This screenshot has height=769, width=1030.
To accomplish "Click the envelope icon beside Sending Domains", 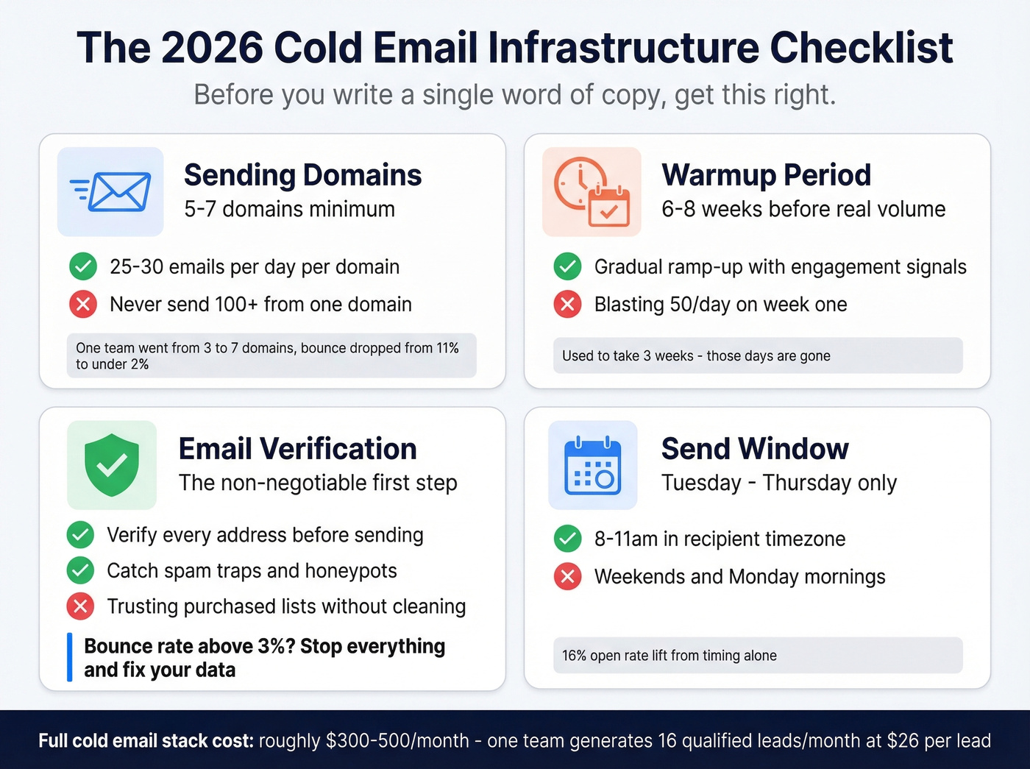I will tap(111, 192).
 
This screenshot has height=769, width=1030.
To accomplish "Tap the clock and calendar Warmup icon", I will tap(592, 192).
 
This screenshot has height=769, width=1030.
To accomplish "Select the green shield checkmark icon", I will tap(112, 465).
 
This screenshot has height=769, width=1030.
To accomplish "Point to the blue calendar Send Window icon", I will tap(593, 465).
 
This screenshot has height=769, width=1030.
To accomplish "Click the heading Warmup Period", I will tap(766, 175).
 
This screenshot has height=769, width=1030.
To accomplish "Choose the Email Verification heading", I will tap(297, 449).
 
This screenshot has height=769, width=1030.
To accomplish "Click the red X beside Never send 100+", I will tap(83, 304).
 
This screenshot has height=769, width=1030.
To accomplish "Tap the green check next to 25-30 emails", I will tap(83, 266).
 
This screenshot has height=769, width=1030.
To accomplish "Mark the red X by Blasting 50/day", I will tap(567, 304).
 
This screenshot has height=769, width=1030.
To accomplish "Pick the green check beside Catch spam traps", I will tap(80, 570).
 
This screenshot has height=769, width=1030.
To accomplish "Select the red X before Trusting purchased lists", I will tap(80, 606).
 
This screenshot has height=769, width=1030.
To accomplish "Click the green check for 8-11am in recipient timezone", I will tap(567, 539).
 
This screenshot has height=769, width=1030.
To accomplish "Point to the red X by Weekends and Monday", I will tap(567, 576).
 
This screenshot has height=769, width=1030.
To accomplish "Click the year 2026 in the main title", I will tap(212, 49).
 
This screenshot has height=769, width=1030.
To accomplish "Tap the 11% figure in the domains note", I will tap(447, 348).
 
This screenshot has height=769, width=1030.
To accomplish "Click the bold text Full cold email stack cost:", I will tap(146, 740).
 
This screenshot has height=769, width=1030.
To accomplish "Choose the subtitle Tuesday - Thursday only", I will tap(778, 483).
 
